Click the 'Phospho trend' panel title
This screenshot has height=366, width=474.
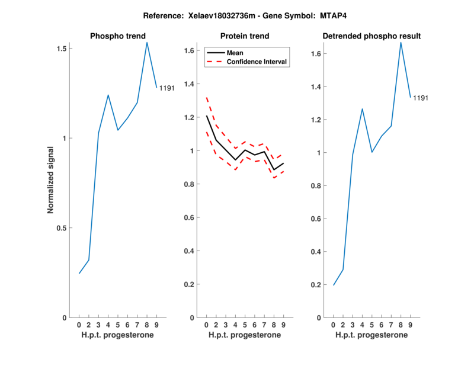pyautogui.click(x=117, y=36)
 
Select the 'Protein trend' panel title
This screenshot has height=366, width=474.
pyautogui.click(x=244, y=36)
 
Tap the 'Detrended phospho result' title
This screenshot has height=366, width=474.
pyautogui.click(x=371, y=36)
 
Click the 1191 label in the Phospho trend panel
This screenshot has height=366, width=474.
pyautogui.click(x=166, y=88)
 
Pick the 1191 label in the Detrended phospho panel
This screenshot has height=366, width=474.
pyautogui.click(x=420, y=98)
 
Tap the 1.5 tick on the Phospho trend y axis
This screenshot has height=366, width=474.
pyautogui.click(x=61, y=49)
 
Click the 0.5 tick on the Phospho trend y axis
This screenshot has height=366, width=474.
pyautogui.click(x=61, y=228)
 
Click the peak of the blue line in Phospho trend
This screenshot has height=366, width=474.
pyautogui.click(x=147, y=42)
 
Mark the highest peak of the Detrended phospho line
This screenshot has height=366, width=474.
pyautogui.click(x=401, y=42)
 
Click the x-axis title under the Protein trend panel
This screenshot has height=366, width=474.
pyautogui.click(x=244, y=335)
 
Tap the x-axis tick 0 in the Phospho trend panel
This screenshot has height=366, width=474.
pyautogui.click(x=79, y=325)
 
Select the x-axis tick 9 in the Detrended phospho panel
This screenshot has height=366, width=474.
pyautogui.click(x=410, y=325)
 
